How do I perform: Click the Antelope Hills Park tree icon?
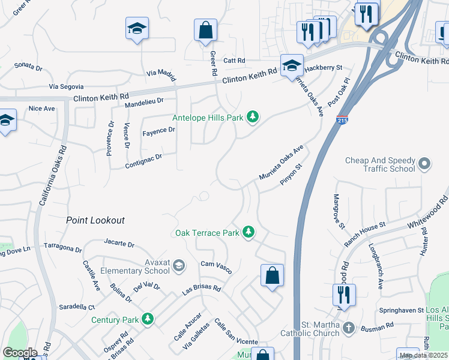pos(253,117)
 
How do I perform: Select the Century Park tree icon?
pos(148,320)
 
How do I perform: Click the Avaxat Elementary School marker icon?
pos(178,265)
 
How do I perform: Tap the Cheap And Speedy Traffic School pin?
pos(425,163)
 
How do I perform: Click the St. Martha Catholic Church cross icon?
pos(348,328)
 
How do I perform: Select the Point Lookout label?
pos(95,220)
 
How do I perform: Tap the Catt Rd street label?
pos(234,61)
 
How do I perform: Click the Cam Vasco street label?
pos(216,264)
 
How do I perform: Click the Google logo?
pos(20,353)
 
